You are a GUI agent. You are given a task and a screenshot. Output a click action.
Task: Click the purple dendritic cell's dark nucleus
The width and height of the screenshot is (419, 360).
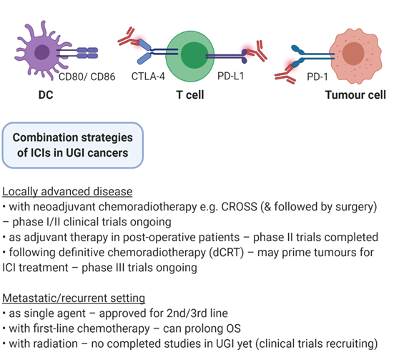(42, 52)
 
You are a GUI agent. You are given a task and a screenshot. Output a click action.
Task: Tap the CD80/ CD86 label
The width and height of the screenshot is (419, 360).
(87, 77)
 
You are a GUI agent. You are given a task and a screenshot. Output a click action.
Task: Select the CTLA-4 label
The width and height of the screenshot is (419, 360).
(148, 77)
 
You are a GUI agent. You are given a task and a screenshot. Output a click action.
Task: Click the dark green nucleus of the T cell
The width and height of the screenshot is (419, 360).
(194, 55)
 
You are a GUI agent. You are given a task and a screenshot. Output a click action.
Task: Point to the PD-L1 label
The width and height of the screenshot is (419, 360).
(231, 76)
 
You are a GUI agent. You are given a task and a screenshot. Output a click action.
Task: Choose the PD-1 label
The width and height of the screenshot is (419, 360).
(317, 77)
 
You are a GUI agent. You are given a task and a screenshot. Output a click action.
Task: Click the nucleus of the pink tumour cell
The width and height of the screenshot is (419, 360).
(353, 53)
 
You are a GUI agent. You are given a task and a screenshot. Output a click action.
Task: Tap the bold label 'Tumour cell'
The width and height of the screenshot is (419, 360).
(355, 95)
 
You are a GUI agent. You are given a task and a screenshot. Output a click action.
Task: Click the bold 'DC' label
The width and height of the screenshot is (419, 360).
(46, 95)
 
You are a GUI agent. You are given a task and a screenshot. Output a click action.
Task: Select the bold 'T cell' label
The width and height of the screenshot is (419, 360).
(190, 95)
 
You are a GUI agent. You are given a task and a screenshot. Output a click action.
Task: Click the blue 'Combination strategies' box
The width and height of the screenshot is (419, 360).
(73, 145)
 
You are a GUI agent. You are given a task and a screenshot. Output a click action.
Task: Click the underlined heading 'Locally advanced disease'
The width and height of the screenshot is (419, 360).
(67, 192)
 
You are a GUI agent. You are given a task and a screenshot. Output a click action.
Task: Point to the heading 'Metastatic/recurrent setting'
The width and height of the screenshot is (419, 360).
(74, 298)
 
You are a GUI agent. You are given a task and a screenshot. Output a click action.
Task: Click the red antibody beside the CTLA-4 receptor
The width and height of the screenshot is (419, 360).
(129, 37)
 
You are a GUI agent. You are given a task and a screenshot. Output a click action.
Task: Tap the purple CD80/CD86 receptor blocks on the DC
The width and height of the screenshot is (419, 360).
(87, 53)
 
